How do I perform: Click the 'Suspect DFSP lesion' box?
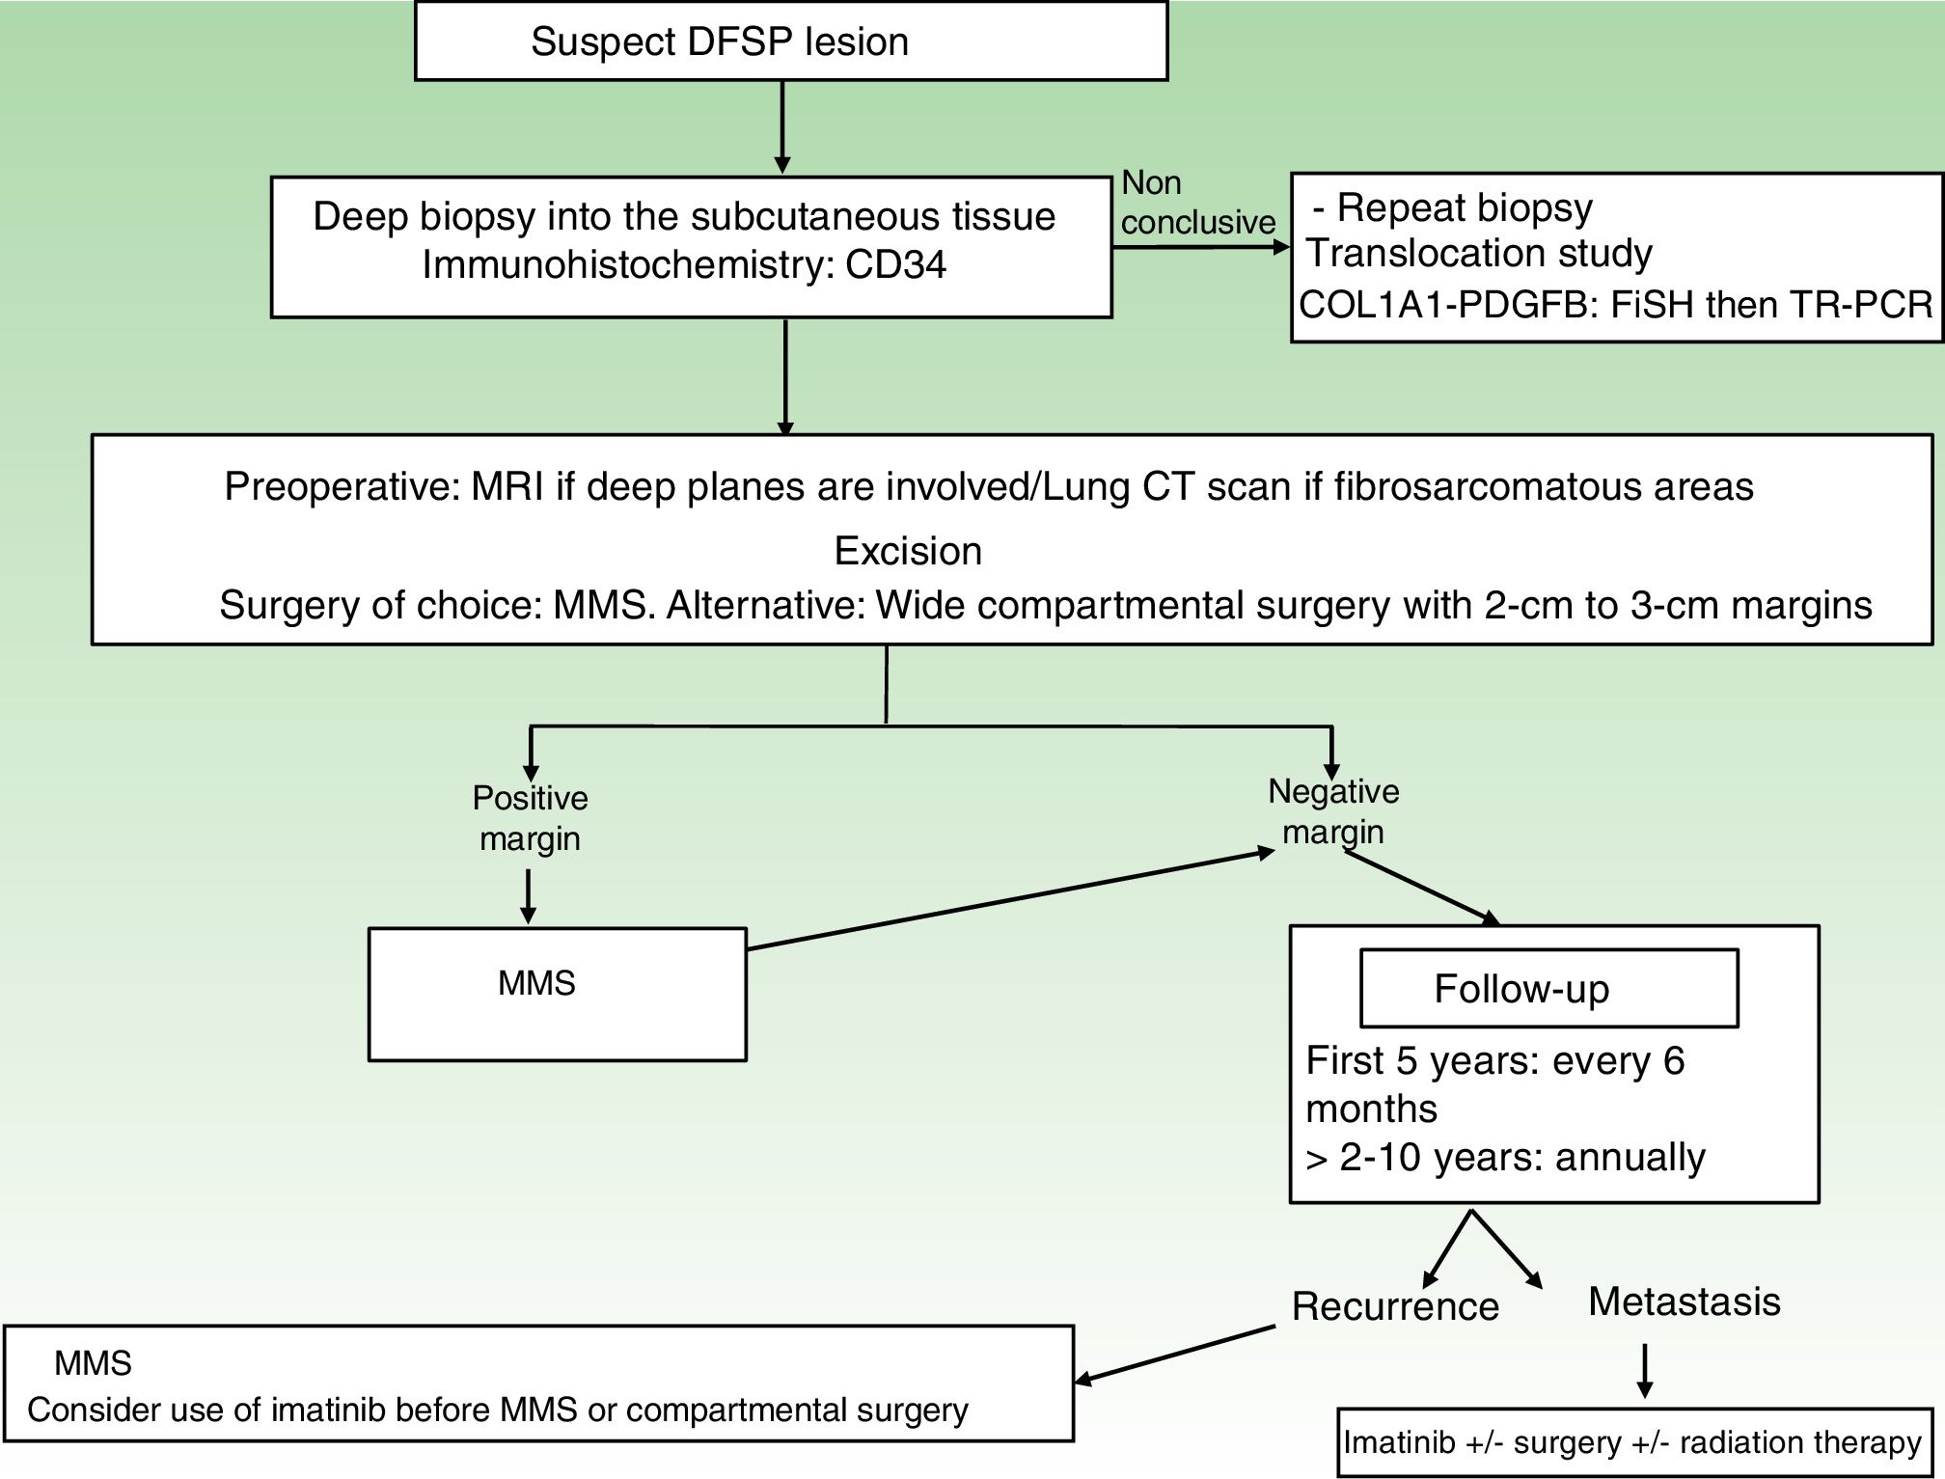click(791, 41)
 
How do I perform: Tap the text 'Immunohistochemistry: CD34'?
click(684, 264)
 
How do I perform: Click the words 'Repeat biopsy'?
click(1464, 207)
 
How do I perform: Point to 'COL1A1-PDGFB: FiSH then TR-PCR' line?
click(1616, 305)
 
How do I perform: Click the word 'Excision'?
click(908, 551)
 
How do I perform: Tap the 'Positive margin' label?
click(530, 818)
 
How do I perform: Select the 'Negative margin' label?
click(1333, 811)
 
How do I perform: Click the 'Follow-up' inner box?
click(1548, 989)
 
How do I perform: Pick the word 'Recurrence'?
click(1395, 1306)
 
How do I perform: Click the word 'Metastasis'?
click(1684, 1301)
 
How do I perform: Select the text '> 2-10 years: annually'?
click(1505, 1157)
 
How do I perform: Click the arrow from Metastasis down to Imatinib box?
click(1645, 1370)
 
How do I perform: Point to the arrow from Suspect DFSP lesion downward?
click(782, 125)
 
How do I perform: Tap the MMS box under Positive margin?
click(557, 995)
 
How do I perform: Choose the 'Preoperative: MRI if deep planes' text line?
click(988, 486)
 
